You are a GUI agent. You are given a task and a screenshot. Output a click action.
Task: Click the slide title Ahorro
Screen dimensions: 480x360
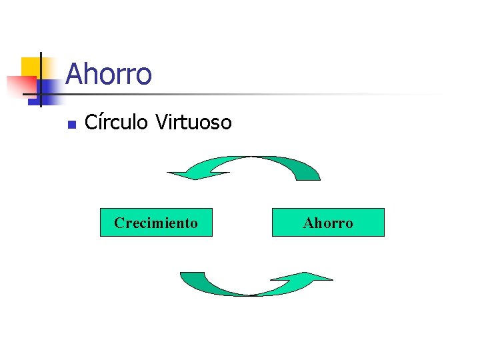[109, 74]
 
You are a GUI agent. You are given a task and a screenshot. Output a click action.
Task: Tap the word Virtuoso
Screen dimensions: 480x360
[193, 123]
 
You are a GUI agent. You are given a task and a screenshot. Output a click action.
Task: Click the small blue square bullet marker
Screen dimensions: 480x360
[73, 124]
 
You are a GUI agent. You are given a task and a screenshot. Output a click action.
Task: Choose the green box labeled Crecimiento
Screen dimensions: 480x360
[156, 223]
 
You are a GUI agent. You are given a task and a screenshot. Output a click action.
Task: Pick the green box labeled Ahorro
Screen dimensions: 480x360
[328, 223]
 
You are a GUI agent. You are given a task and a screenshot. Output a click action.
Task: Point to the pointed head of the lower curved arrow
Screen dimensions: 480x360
[320, 276]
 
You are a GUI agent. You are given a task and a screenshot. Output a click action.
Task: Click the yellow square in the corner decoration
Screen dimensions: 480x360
[29, 67]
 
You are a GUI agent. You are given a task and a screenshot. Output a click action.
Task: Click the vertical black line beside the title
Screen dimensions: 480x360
[41, 80]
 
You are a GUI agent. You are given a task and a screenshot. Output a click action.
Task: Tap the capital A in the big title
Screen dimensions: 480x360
[74, 74]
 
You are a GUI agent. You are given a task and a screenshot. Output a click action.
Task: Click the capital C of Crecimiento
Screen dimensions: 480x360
[119, 223]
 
